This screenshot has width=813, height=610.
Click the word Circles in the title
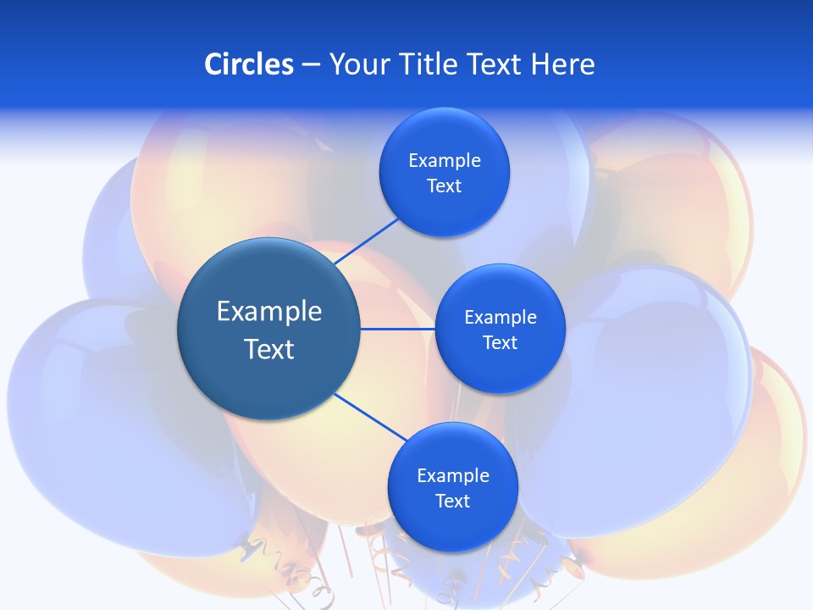click(248, 64)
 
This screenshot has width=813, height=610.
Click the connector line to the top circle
click(368, 241)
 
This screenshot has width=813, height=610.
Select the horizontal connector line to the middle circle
click(398, 329)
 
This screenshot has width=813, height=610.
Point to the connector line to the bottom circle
click(371, 418)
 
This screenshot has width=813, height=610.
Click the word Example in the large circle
click(269, 312)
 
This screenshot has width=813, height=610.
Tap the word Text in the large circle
click(269, 349)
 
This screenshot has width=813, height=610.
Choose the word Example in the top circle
click(444, 161)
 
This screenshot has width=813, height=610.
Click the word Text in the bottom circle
click(452, 502)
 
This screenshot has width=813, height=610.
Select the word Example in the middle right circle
click(500, 318)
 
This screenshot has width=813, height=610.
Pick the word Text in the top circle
click(444, 186)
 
